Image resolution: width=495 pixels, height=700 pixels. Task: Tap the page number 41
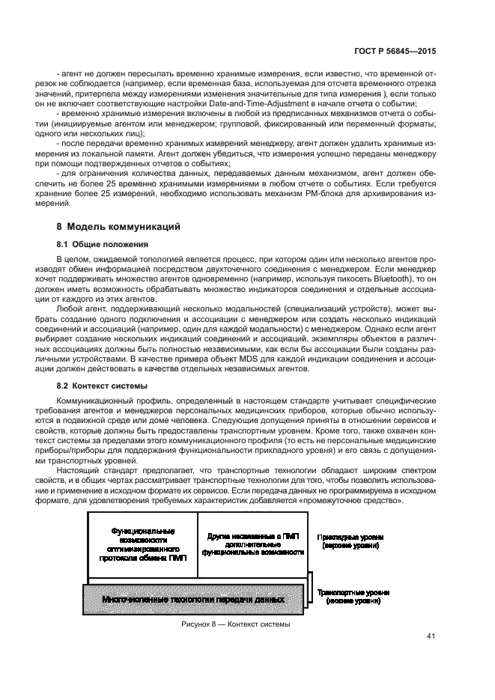point(431,636)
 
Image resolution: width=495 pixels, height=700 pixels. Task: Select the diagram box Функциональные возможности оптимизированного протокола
point(142,544)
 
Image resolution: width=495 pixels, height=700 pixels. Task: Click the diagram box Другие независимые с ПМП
point(254,544)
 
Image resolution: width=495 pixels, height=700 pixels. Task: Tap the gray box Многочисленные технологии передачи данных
point(193,600)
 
